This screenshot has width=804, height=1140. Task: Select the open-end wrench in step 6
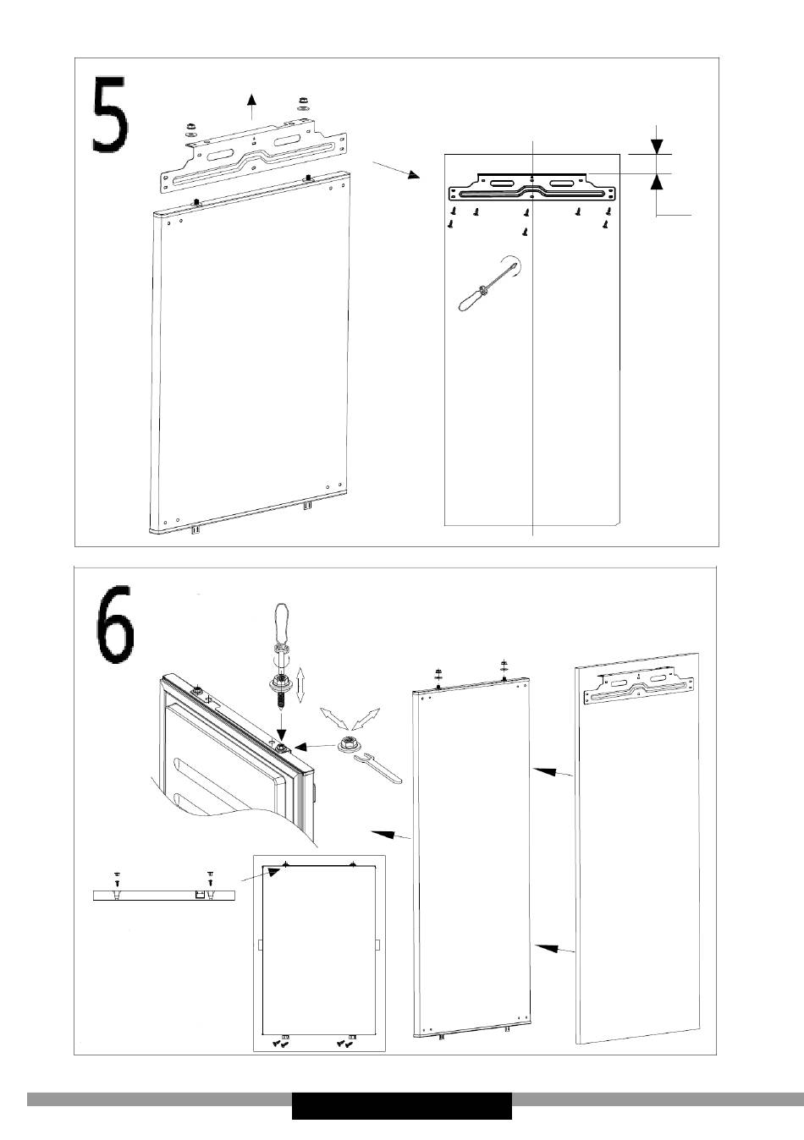pos(377,768)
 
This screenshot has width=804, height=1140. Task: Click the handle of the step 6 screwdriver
pos(282,623)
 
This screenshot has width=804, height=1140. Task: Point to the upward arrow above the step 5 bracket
pos(251,107)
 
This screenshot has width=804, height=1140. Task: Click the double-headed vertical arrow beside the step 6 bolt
pos(300,686)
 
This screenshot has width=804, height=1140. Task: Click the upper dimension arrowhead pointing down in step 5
pos(657,146)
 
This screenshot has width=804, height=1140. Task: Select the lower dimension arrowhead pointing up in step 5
pos(657,182)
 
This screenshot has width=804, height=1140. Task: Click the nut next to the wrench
pos(350,743)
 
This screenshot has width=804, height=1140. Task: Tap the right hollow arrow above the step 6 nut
pos(366,719)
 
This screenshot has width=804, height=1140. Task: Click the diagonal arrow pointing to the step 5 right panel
pos(396,170)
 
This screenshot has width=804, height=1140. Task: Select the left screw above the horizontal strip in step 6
pos(117,878)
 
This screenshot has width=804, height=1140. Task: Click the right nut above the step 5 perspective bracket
pos(302,103)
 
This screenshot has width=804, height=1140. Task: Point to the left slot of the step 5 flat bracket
pos(503,184)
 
